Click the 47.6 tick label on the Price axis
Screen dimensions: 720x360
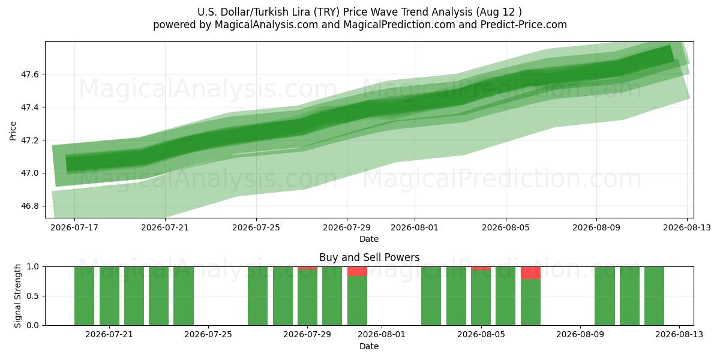click(29, 74)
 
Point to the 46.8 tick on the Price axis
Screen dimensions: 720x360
click(29, 206)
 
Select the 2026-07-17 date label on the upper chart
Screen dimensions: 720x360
click(74, 227)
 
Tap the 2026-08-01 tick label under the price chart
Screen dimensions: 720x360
click(415, 227)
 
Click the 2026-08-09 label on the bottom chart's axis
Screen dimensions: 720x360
click(580, 335)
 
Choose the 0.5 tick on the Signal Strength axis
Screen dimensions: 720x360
click(32, 296)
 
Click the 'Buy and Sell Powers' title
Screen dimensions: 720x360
click(370, 257)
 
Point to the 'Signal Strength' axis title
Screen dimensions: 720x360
click(17, 296)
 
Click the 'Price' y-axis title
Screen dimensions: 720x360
click(13, 131)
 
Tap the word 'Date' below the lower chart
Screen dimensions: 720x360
click(369, 346)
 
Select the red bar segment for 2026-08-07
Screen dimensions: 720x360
click(530, 273)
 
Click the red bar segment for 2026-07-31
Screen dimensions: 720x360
click(357, 271)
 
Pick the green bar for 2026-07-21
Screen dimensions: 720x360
click(109, 296)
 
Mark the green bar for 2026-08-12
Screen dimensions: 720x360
click(654, 296)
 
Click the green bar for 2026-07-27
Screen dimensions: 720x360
click(258, 296)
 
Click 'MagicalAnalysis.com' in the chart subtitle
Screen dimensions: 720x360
click(266, 25)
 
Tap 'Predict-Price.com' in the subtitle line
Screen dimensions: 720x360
click(524, 25)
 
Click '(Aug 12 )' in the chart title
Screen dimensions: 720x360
click(499, 12)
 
